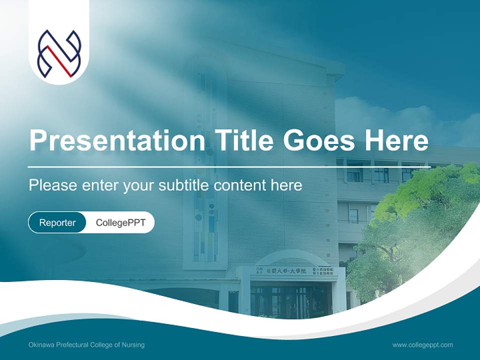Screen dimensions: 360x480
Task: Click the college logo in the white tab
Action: coord(59,54)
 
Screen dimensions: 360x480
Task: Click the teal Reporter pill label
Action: coord(57,222)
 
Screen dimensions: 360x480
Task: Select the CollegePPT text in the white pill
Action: coord(120,222)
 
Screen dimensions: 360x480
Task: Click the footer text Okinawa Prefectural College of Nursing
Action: coord(86,345)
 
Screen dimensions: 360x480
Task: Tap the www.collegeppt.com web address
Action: coord(422,345)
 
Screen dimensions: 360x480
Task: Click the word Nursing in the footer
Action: coord(134,345)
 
